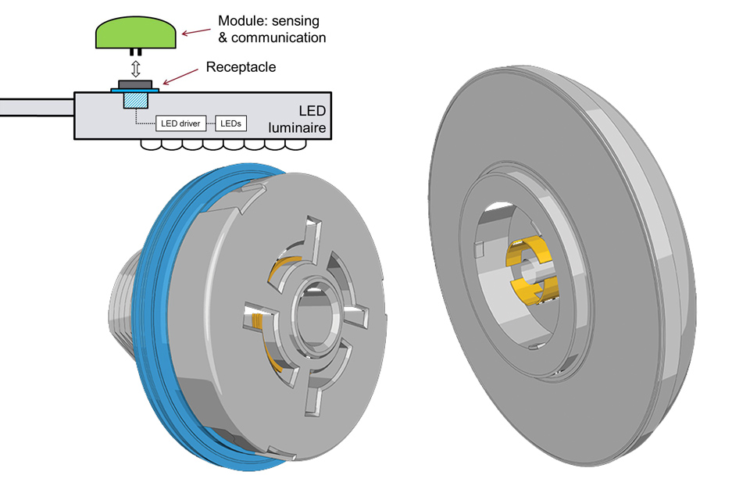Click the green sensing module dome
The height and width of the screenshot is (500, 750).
134,33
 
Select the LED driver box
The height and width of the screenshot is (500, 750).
181,124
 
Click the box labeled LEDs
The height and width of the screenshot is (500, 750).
230,124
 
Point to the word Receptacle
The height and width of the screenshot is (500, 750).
241,67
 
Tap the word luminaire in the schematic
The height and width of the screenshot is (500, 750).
297,127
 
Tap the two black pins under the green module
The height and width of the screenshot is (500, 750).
135,53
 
